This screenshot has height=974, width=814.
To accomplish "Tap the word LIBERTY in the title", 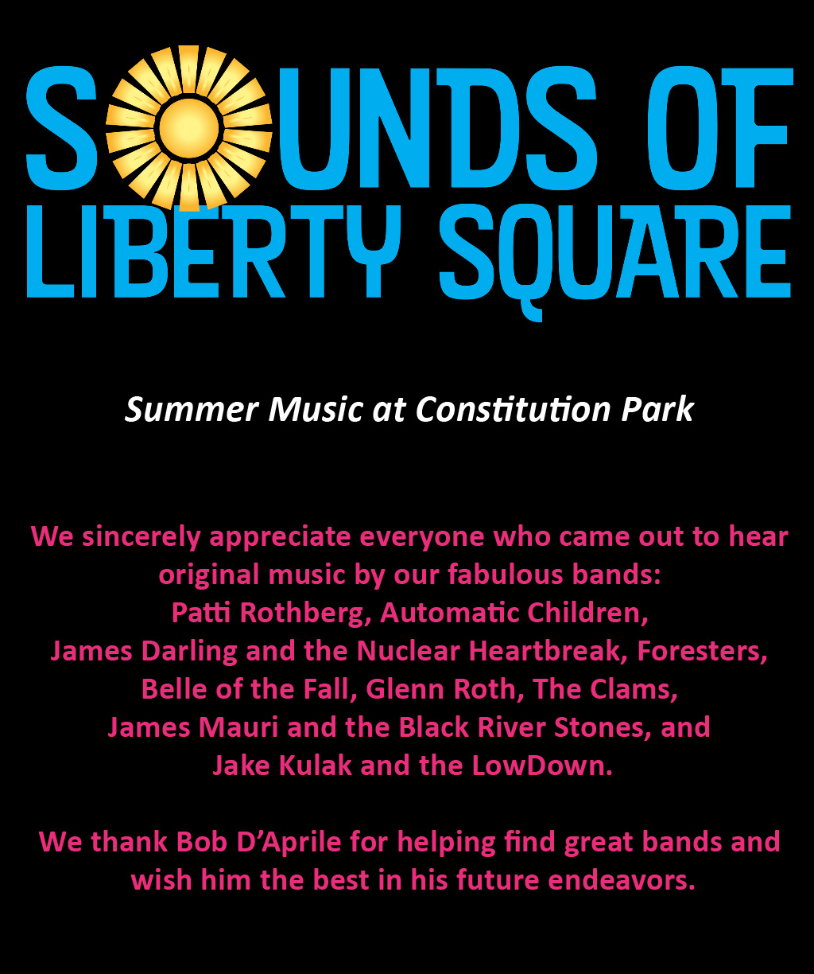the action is (x=213, y=251).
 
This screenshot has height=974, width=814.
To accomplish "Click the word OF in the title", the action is (x=726, y=128).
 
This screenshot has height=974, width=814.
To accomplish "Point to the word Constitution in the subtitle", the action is (x=513, y=410).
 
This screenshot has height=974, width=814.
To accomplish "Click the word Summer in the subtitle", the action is (x=192, y=410).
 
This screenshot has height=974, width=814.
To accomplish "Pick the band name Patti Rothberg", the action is (x=267, y=613).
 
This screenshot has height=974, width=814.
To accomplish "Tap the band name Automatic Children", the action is (x=514, y=613).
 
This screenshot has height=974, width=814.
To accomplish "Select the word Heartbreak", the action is (x=548, y=651).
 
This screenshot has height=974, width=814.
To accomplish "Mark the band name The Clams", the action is (x=605, y=689).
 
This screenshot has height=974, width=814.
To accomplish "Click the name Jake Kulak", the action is (x=282, y=766).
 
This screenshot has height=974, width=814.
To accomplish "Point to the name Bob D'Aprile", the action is (x=258, y=842).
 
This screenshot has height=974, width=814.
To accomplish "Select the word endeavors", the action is (x=622, y=880).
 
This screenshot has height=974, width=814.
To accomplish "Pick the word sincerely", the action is (x=141, y=537).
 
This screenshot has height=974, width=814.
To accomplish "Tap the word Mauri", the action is (x=238, y=727).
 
